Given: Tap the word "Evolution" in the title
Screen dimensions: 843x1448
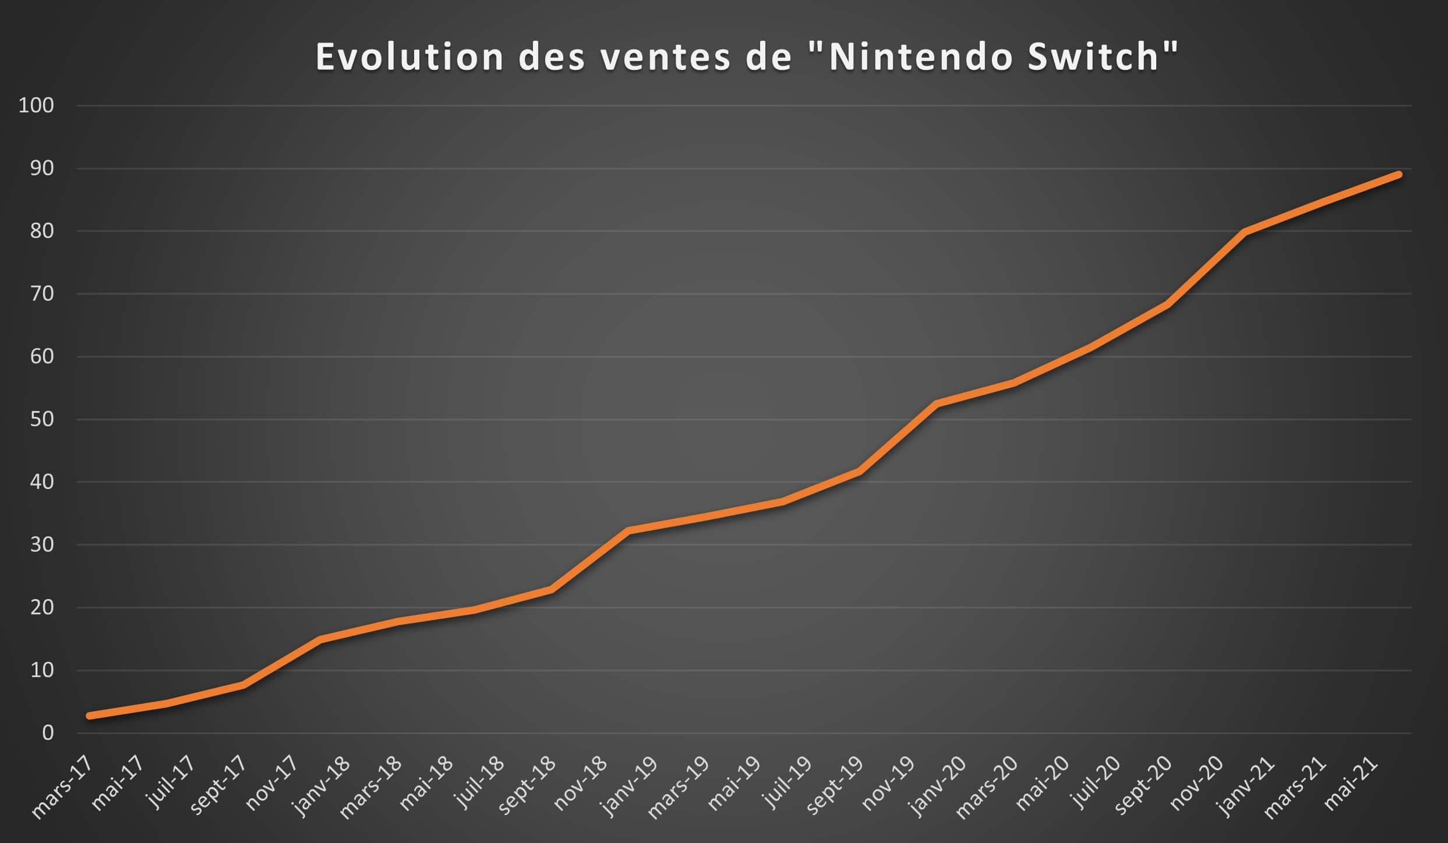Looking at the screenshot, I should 409,57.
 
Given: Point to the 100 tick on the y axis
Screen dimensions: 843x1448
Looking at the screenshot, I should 36,105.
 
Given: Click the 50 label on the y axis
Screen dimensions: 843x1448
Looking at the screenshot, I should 41,419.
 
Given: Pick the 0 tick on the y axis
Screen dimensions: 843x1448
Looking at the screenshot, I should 48,733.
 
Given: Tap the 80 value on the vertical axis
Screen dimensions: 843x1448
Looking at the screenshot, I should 41,231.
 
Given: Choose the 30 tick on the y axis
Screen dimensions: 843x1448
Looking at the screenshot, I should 41,545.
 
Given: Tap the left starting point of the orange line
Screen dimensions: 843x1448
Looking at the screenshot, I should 89,716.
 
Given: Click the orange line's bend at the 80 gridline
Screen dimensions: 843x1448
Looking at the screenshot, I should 1244,232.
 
